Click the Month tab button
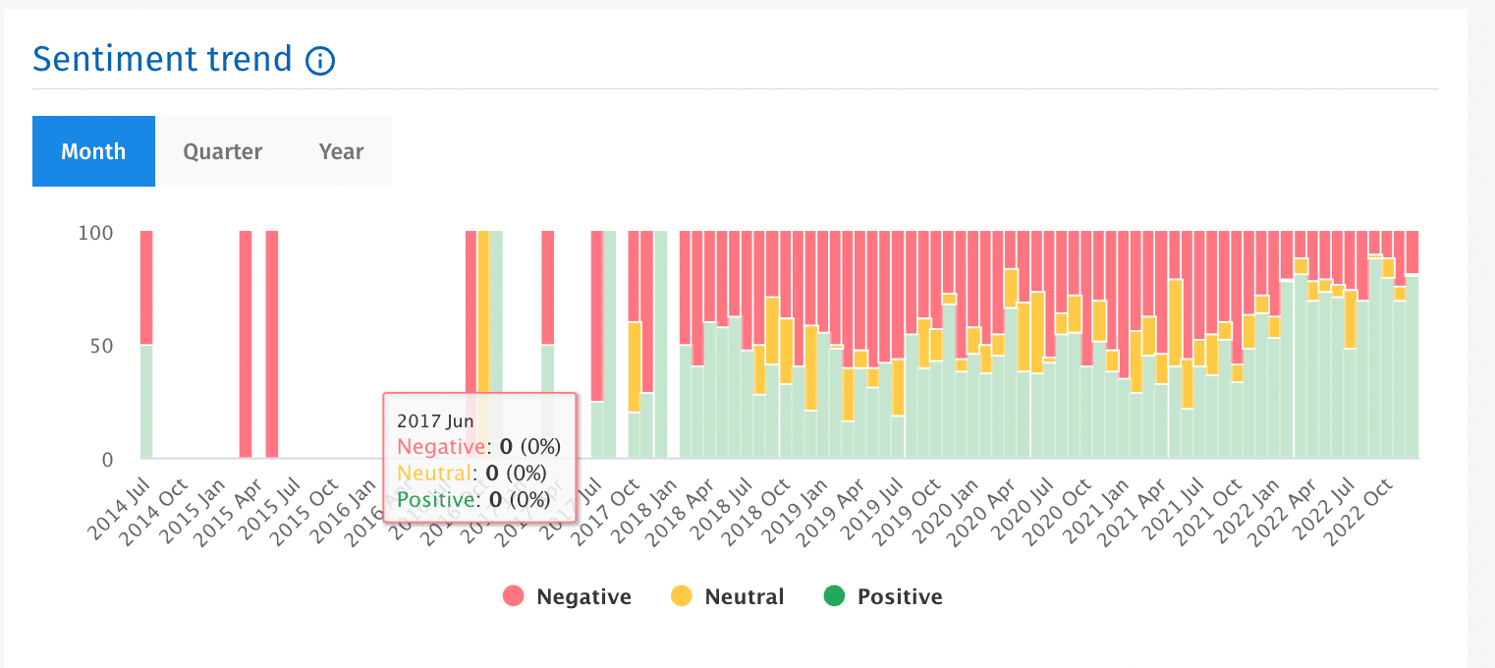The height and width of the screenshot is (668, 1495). pos(93,151)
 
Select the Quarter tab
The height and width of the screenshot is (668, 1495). pos(223,151)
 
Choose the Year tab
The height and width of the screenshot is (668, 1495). pos(341,151)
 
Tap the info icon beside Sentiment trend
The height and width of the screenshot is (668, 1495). pos(320,61)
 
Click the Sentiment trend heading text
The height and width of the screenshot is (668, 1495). pos(162,59)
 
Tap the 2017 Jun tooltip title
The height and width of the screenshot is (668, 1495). pos(435,420)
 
